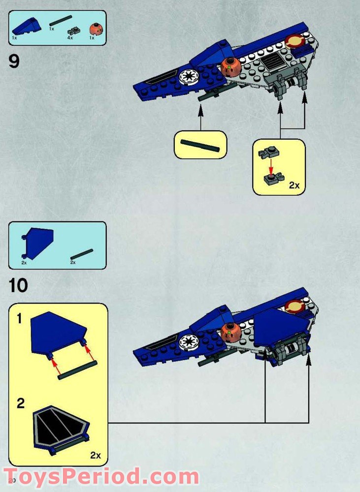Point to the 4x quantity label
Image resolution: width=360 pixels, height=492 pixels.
(x=70, y=37)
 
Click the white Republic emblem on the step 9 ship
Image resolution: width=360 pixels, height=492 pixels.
(x=189, y=76)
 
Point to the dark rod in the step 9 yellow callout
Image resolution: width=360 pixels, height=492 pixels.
(x=199, y=144)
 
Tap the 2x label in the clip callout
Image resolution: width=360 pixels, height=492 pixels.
(x=294, y=185)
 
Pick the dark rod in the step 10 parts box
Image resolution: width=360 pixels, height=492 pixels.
(x=81, y=254)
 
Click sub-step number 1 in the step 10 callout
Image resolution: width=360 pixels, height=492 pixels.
(x=20, y=319)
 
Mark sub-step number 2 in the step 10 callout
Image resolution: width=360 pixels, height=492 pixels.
(x=21, y=404)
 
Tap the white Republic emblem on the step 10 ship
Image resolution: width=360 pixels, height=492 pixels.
(x=187, y=341)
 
